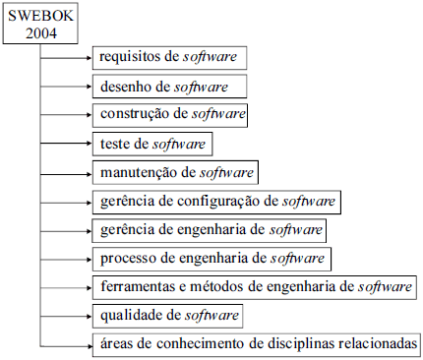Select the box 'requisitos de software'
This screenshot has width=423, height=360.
169,57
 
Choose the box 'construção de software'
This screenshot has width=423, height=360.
170,114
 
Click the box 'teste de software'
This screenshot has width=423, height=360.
152,144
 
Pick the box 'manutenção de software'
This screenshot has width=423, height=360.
174,173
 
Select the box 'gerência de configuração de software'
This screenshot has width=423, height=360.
217,202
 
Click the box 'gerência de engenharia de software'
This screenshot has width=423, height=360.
210,230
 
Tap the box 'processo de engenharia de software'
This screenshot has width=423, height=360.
211,259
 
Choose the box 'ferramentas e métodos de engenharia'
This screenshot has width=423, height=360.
254,287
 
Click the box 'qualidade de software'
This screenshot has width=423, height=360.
167,316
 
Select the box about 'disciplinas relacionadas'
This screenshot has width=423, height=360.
258,344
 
